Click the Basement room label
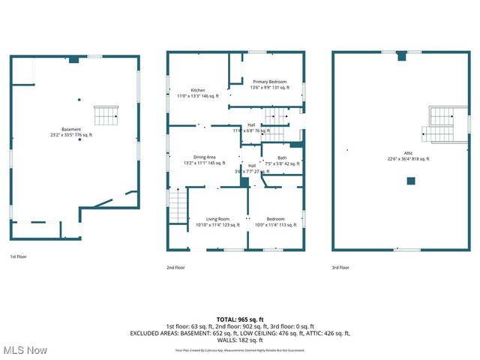(x=71, y=130)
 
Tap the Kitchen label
(x=197, y=90)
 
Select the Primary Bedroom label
(x=268, y=81)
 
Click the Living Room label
(x=217, y=219)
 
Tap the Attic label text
(x=408, y=153)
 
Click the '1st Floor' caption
(x=19, y=256)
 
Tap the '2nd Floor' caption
(x=175, y=268)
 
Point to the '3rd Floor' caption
(x=340, y=268)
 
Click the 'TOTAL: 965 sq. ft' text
(x=240, y=320)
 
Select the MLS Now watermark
(x=25, y=350)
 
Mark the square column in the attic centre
(x=411, y=181)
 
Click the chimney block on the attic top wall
(x=401, y=55)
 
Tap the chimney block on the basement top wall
(x=73, y=58)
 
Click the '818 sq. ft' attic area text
(x=424, y=158)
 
